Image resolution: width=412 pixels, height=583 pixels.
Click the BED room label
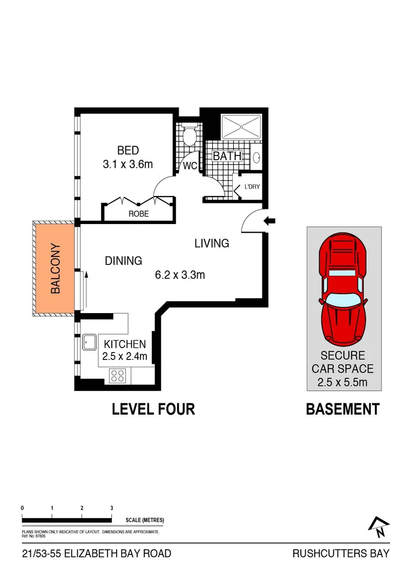pos(128,150)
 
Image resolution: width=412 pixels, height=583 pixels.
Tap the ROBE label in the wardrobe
pos(138,214)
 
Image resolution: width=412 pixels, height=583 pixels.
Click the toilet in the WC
pos(189,136)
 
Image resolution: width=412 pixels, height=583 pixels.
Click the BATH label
pos(227,157)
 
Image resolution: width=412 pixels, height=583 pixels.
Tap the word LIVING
pos(212,243)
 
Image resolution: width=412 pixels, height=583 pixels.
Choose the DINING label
pos(123,261)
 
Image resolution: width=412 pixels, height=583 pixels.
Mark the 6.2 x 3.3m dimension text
pos(180,275)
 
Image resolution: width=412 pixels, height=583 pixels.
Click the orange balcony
pos(54,269)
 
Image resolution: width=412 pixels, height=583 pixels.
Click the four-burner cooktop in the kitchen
pos(118,374)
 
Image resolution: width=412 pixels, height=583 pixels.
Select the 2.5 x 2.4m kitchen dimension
pos(125,356)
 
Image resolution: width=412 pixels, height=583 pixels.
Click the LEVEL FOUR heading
pos(153,409)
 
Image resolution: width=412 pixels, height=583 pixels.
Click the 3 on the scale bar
pos(111,508)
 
